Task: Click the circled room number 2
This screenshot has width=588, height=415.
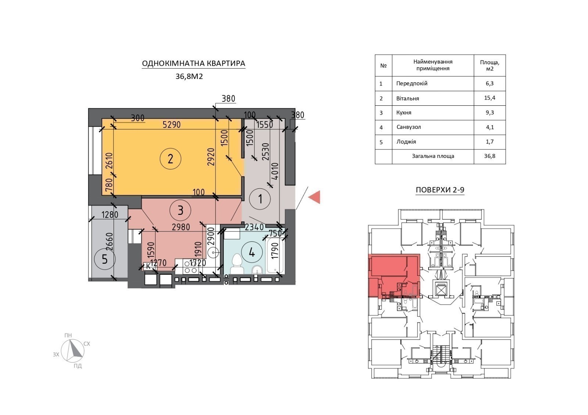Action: point(171,159)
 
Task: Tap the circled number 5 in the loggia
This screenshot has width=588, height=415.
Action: point(105,259)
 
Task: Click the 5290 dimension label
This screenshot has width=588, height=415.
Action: point(172,124)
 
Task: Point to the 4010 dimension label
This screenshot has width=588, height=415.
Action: point(275,171)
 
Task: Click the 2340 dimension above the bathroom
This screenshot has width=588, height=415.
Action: point(254,227)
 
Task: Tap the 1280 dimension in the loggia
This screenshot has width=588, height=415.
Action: point(110,215)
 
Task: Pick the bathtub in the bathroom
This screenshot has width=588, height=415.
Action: point(275,255)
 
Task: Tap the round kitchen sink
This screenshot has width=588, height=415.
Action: point(213,253)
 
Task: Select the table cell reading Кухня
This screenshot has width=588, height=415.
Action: point(404,112)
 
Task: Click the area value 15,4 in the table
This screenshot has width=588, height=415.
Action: point(490,98)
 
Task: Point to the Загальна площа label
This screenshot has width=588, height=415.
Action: point(433,156)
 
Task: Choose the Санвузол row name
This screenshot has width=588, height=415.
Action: point(409,127)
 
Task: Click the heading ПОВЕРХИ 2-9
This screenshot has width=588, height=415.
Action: point(440,190)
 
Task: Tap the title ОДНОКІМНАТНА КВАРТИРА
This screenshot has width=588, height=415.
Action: point(193,64)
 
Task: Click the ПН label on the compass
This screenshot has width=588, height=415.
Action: point(68,336)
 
